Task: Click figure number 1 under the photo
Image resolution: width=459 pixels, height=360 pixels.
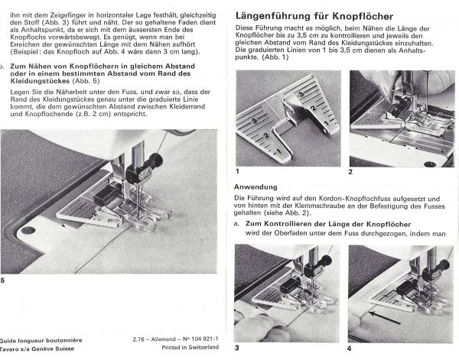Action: coord(238,173)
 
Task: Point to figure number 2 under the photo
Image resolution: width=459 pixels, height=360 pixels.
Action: coord(350,173)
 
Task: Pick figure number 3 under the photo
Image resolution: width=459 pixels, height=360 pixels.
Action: coord(238,348)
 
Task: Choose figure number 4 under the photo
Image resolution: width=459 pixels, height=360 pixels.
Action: coord(350,348)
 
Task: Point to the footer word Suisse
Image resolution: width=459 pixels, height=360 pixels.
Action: coord(60,347)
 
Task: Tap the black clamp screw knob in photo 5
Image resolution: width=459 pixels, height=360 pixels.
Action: coord(156,161)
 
